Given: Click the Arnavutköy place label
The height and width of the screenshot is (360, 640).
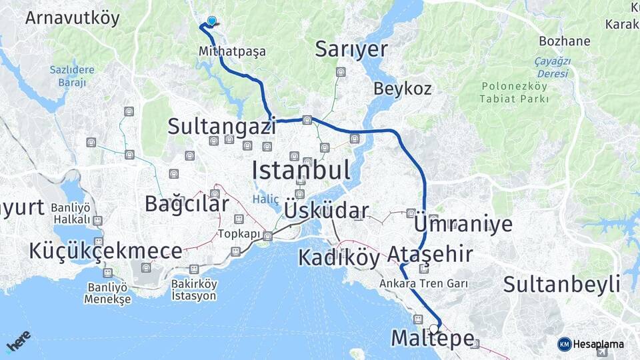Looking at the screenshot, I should coord(72,17).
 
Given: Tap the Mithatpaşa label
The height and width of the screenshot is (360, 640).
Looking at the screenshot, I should coord(232,51).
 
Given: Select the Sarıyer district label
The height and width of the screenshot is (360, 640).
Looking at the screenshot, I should coord(351,49).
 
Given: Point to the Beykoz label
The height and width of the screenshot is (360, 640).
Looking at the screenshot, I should coord(402,89).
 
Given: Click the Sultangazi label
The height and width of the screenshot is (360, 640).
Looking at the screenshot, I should coord(221,126).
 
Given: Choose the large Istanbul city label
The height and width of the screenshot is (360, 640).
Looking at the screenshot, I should coord(301,171).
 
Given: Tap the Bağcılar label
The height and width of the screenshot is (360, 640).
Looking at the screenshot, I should coord(187,204).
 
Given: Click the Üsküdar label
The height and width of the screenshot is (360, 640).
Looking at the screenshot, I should coord(326,211).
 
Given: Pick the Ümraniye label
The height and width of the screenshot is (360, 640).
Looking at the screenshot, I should coord(463,224).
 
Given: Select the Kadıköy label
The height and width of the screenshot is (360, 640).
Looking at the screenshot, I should coord(339,257).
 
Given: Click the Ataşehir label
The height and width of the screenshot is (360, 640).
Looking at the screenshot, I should coord(430,255).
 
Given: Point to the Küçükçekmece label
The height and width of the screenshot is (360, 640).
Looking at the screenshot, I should coord(105,251).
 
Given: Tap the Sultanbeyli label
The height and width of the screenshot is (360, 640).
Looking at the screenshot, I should coord(561,284).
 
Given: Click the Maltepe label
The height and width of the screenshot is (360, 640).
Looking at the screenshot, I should coord(432,338).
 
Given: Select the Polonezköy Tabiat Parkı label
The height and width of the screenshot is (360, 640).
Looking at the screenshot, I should coord(513,93).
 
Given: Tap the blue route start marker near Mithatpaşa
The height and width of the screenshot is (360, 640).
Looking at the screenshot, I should coord(211,21).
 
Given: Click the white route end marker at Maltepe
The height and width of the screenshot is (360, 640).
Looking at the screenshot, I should coord(434,328).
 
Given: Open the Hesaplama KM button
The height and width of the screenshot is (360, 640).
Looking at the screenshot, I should coord(591,344).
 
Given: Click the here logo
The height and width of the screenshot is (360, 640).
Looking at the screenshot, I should coord(18,341).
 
